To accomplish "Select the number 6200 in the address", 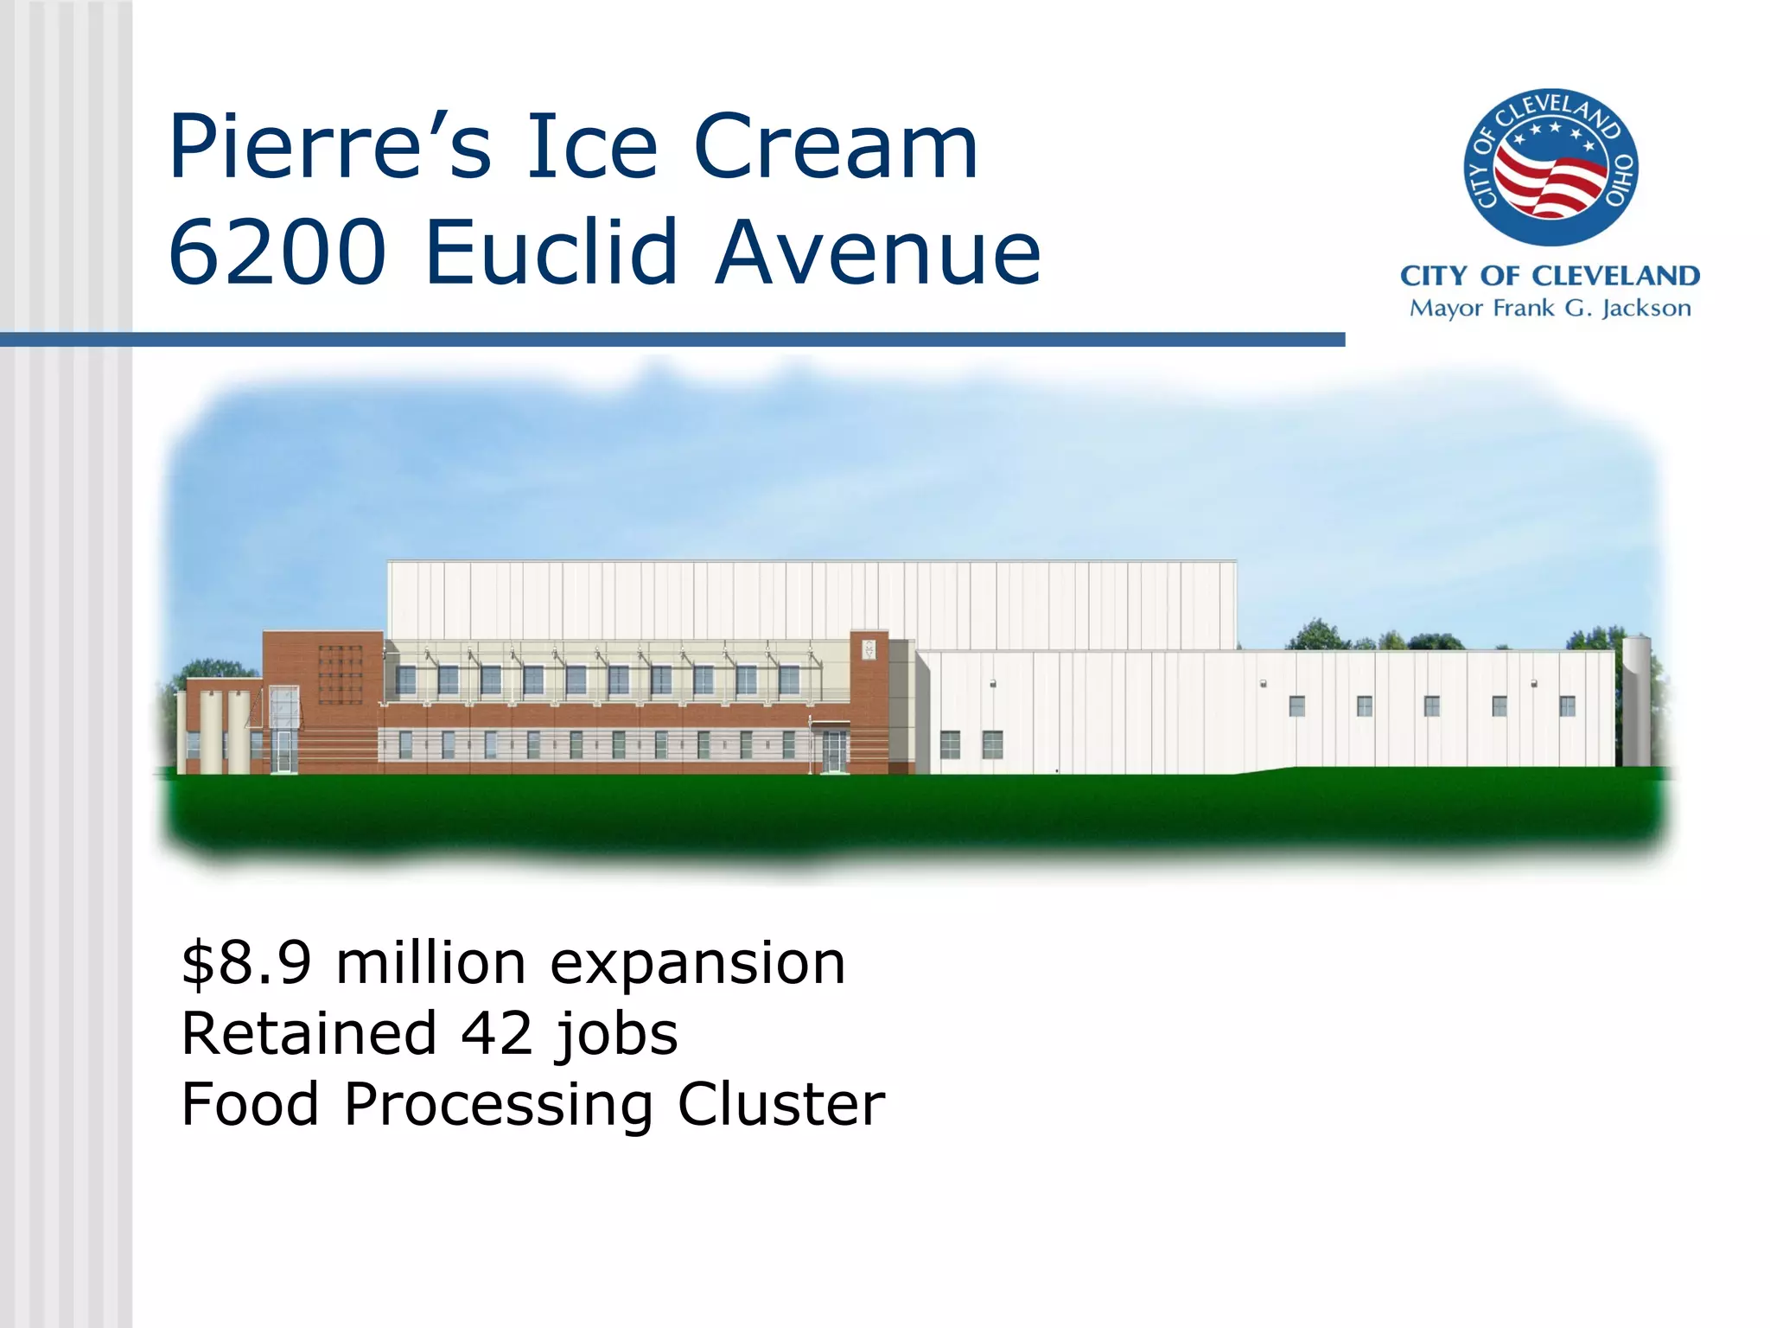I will pos(277,252).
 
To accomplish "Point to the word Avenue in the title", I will pos(878,252).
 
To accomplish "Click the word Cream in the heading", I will pos(835,147).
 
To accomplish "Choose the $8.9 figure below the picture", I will pos(246,963).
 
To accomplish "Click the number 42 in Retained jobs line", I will pos(497,1034).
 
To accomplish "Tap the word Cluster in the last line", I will pos(781,1105).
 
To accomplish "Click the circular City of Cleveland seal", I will pos(1550,167).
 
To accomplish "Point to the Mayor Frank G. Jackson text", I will pos(1550,309).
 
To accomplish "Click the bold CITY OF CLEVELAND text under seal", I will pos(1550,276).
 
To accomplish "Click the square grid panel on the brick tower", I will pos(340,674).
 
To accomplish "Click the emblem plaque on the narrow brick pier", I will pos(869,648).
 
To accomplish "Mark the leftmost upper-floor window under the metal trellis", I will pos(405,680).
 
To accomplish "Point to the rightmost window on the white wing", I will pos(1567,705).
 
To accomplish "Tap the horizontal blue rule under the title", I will pos(672,340).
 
